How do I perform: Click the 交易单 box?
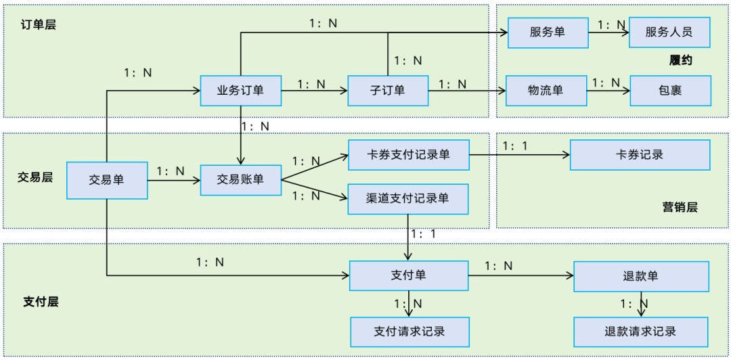[107, 180]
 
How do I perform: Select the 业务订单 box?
[240, 91]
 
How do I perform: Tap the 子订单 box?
[388, 91]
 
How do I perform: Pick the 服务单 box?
[548, 32]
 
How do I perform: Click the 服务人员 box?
[669, 32]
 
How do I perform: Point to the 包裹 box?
[670, 91]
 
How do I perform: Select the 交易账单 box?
[240, 180]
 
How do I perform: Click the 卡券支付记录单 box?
[408, 155]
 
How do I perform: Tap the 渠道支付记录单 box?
[408, 198]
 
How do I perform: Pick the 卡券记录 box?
[640, 155]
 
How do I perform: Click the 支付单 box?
[408, 275]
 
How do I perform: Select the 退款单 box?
[640, 276]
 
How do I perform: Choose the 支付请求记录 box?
[409, 332]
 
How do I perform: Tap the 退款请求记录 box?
[640, 332]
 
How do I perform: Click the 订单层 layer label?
[38, 25]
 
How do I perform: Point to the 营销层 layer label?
[680, 207]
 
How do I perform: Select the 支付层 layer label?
[41, 301]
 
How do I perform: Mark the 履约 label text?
[680, 61]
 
